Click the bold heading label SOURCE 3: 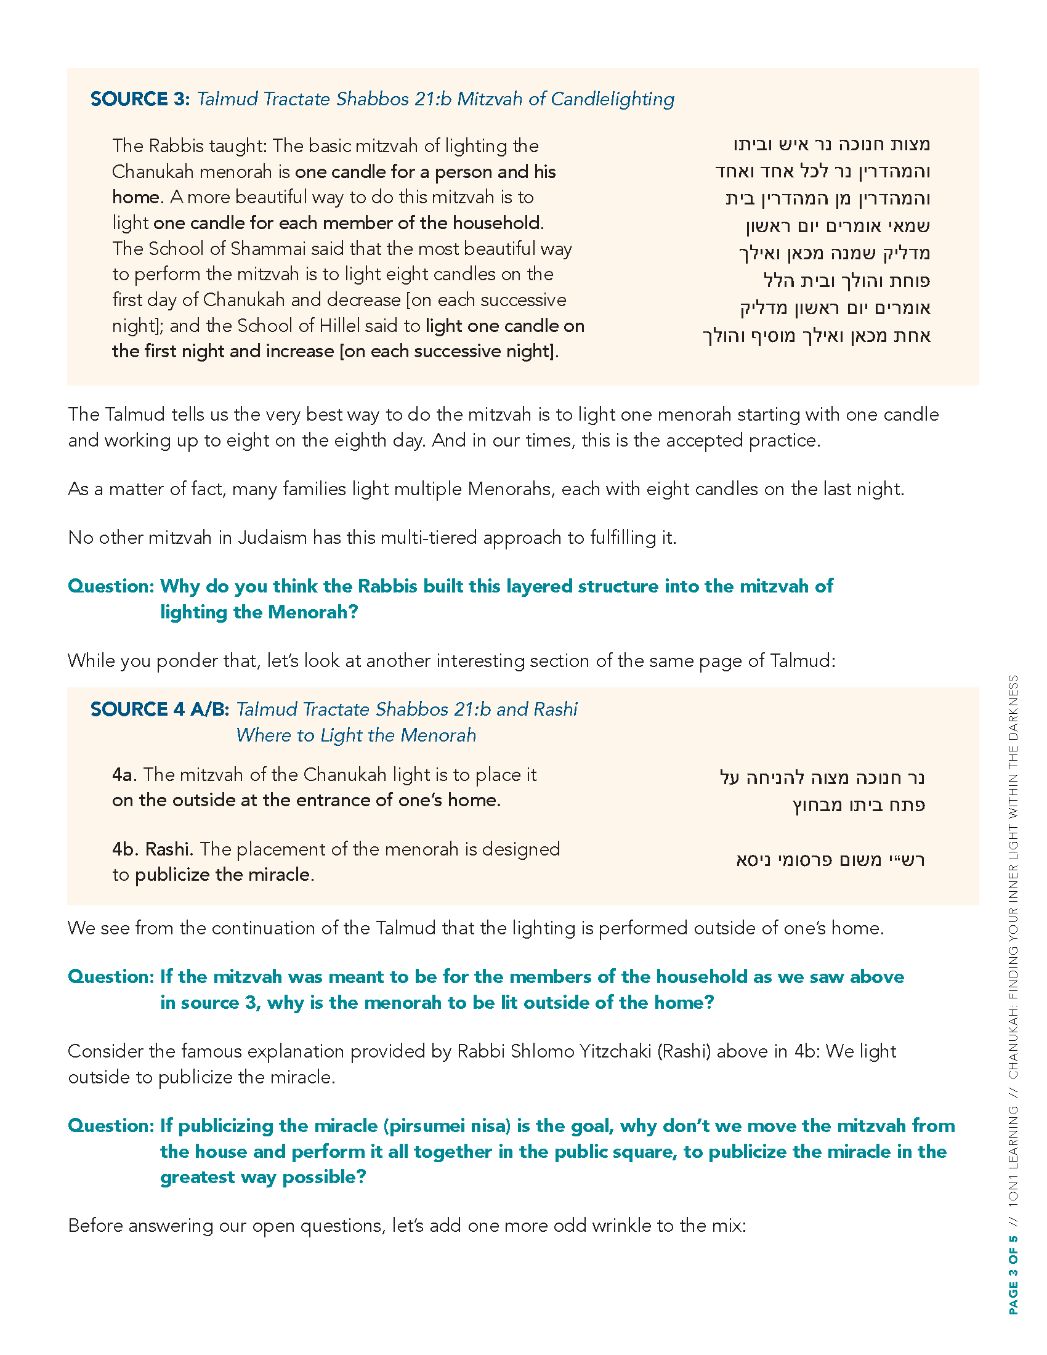tap(140, 99)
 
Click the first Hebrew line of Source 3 tap(831, 145)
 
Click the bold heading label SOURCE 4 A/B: tap(160, 709)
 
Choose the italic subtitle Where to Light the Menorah tap(356, 735)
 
